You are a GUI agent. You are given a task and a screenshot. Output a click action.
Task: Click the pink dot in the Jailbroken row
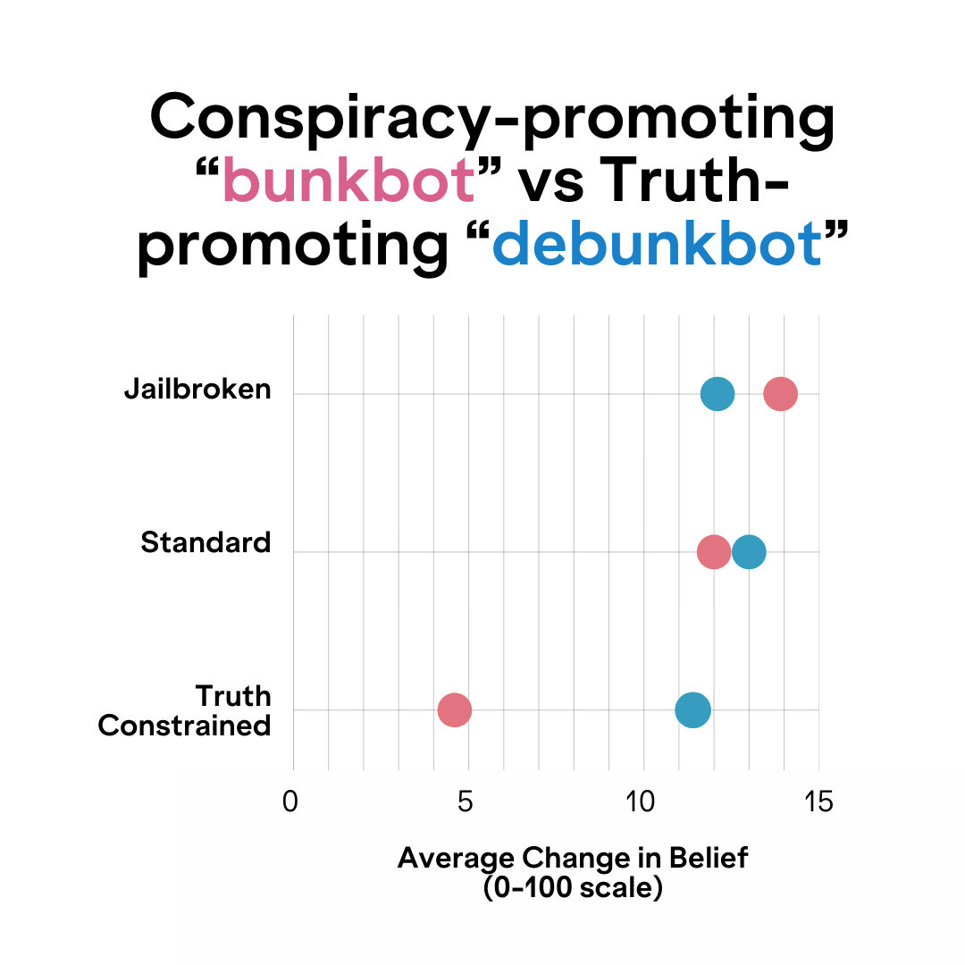pyautogui.click(x=780, y=393)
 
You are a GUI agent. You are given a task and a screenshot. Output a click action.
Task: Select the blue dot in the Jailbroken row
pyautogui.click(x=717, y=393)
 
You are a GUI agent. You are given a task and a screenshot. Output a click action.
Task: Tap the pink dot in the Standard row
pyautogui.click(x=713, y=552)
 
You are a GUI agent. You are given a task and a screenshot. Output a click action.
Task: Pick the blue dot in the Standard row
pyautogui.click(x=749, y=552)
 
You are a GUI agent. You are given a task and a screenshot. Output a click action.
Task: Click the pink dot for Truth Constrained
pyautogui.click(x=455, y=710)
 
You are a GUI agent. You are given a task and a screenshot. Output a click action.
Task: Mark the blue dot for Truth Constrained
pyautogui.click(x=692, y=710)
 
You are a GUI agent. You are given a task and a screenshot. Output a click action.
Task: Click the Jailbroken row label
pyautogui.click(x=197, y=390)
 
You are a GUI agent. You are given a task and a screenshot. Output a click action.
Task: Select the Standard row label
pyautogui.click(x=206, y=542)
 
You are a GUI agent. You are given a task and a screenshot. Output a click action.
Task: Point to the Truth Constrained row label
pyautogui.click(x=185, y=710)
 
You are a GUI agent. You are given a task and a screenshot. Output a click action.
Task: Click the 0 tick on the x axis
pyautogui.click(x=289, y=802)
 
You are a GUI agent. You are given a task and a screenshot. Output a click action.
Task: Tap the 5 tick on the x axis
pyautogui.click(x=465, y=802)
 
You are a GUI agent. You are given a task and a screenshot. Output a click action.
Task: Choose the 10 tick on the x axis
pyautogui.click(x=641, y=802)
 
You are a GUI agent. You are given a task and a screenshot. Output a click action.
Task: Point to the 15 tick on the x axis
pyautogui.click(x=817, y=802)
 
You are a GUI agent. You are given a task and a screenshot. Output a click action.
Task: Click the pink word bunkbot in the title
pyautogui.click(x=348, y=181)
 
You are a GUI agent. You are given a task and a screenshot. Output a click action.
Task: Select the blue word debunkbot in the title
pyautogui.click(x=657, y=244)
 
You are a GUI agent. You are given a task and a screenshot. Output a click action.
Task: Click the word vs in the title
pyautogui.click(x=555, y=181)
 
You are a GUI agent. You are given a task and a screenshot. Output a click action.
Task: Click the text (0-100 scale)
pyautogui.click(x=573, y=889)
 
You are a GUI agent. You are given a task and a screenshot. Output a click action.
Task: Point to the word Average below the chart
pyautogui.click(x=457, y=858)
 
